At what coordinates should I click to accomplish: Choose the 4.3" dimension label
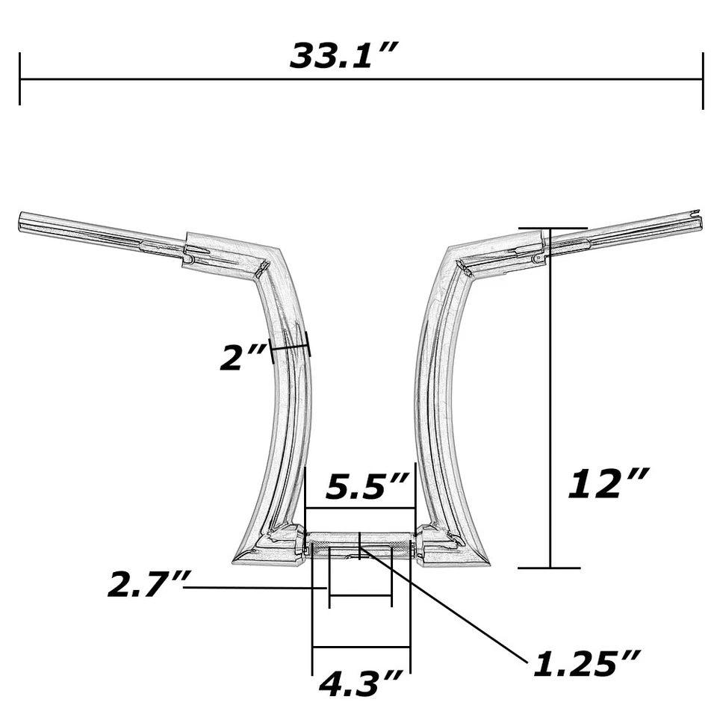(361, 683)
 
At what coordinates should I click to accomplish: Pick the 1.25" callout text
(586, 662)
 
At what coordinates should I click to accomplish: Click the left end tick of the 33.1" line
(20, 79)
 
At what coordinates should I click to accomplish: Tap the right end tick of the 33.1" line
(703, 79)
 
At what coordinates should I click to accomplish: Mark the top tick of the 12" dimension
(552, 228)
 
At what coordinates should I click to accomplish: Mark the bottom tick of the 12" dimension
(550, 568)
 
